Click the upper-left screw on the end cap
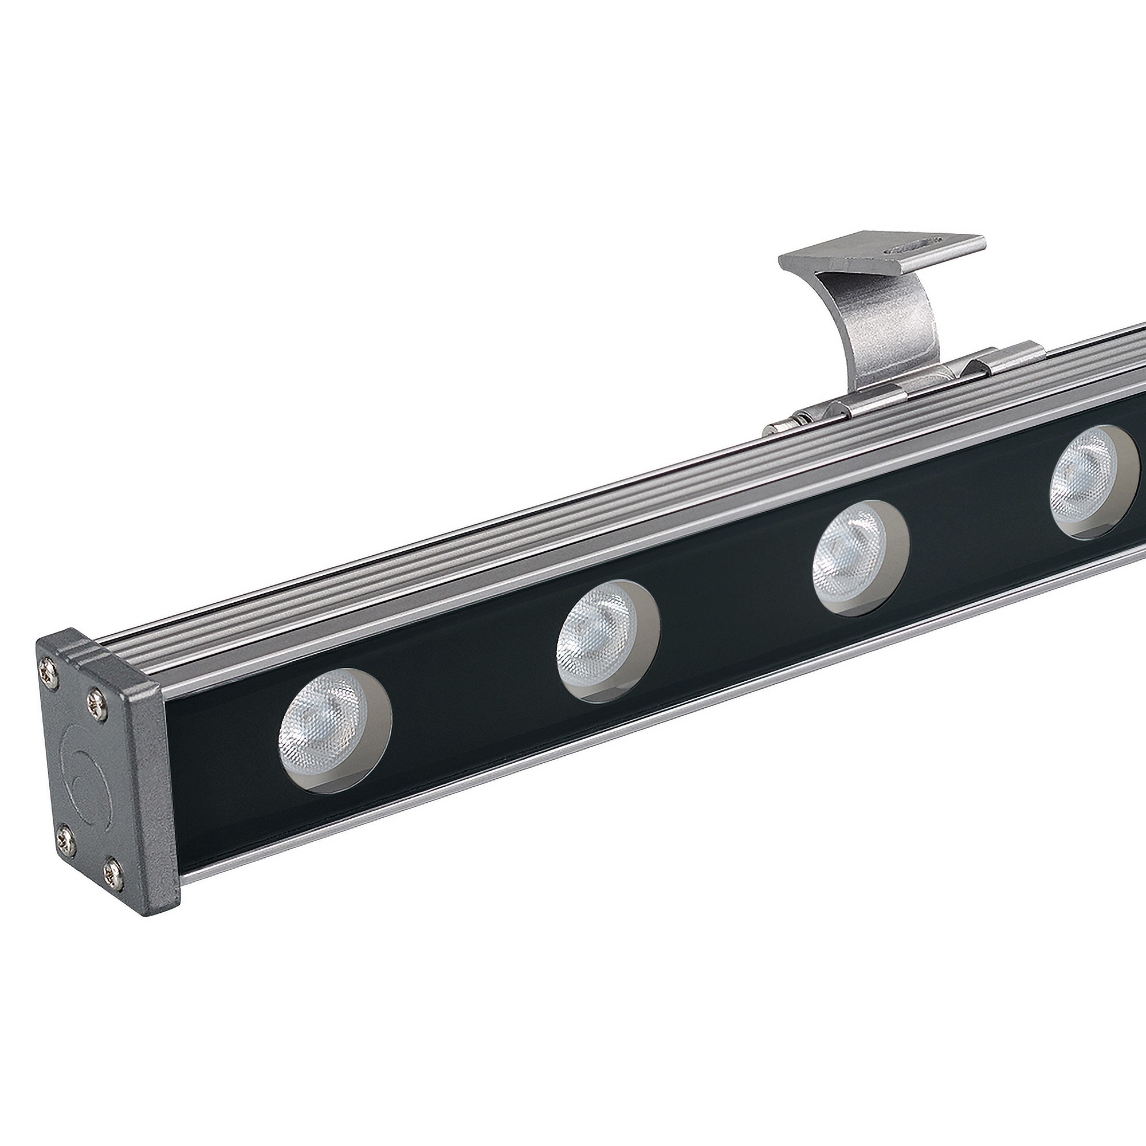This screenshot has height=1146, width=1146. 48,670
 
